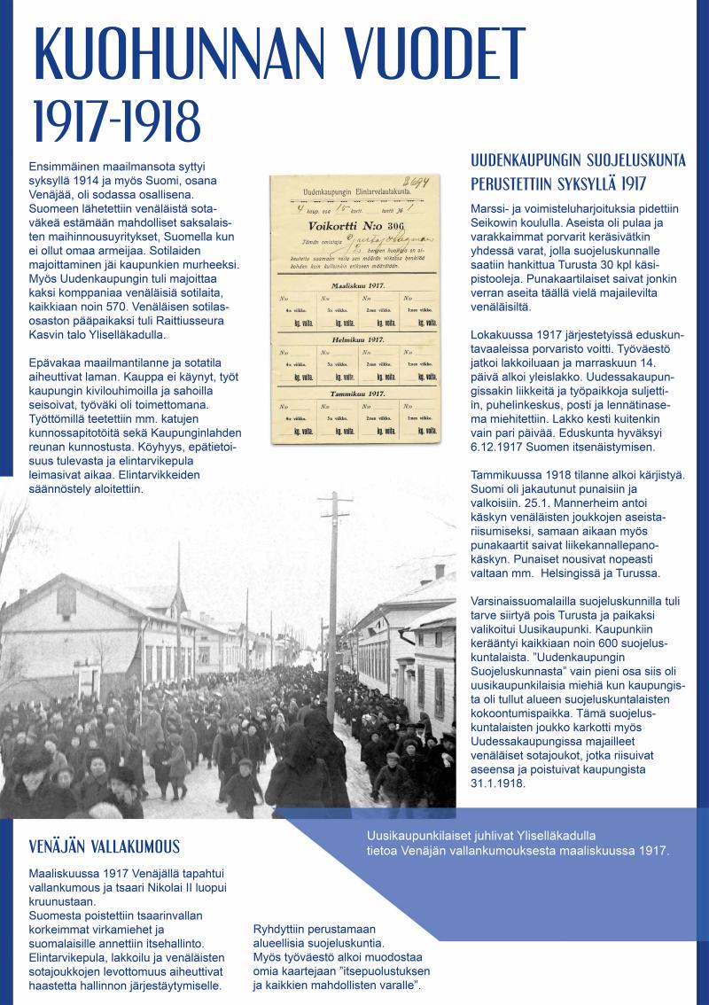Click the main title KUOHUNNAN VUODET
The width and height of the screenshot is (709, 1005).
(279, 55)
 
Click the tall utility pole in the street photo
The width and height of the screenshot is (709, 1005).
(334, 603)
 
